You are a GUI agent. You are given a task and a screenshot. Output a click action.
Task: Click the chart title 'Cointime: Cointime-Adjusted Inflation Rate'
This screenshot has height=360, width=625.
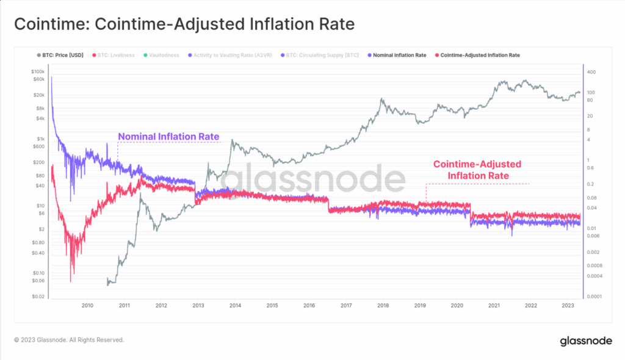184,25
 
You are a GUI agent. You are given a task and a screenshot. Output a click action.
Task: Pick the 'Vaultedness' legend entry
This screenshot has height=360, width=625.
161,55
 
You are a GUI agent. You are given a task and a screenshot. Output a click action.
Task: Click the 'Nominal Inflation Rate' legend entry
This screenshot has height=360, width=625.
397,55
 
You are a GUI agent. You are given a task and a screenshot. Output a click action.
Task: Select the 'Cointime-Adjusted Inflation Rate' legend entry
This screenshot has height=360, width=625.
480,55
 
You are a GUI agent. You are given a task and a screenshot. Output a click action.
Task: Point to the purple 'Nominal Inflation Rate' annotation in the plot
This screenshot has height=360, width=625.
168,136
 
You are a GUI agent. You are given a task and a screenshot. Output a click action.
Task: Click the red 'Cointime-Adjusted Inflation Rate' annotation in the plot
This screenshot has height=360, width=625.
477,170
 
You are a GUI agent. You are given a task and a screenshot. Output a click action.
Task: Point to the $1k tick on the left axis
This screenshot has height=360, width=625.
40,139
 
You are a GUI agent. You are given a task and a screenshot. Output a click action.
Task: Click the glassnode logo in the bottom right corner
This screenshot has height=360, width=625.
586,340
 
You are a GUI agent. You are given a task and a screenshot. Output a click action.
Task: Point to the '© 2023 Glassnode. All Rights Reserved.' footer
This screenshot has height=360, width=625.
69,340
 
